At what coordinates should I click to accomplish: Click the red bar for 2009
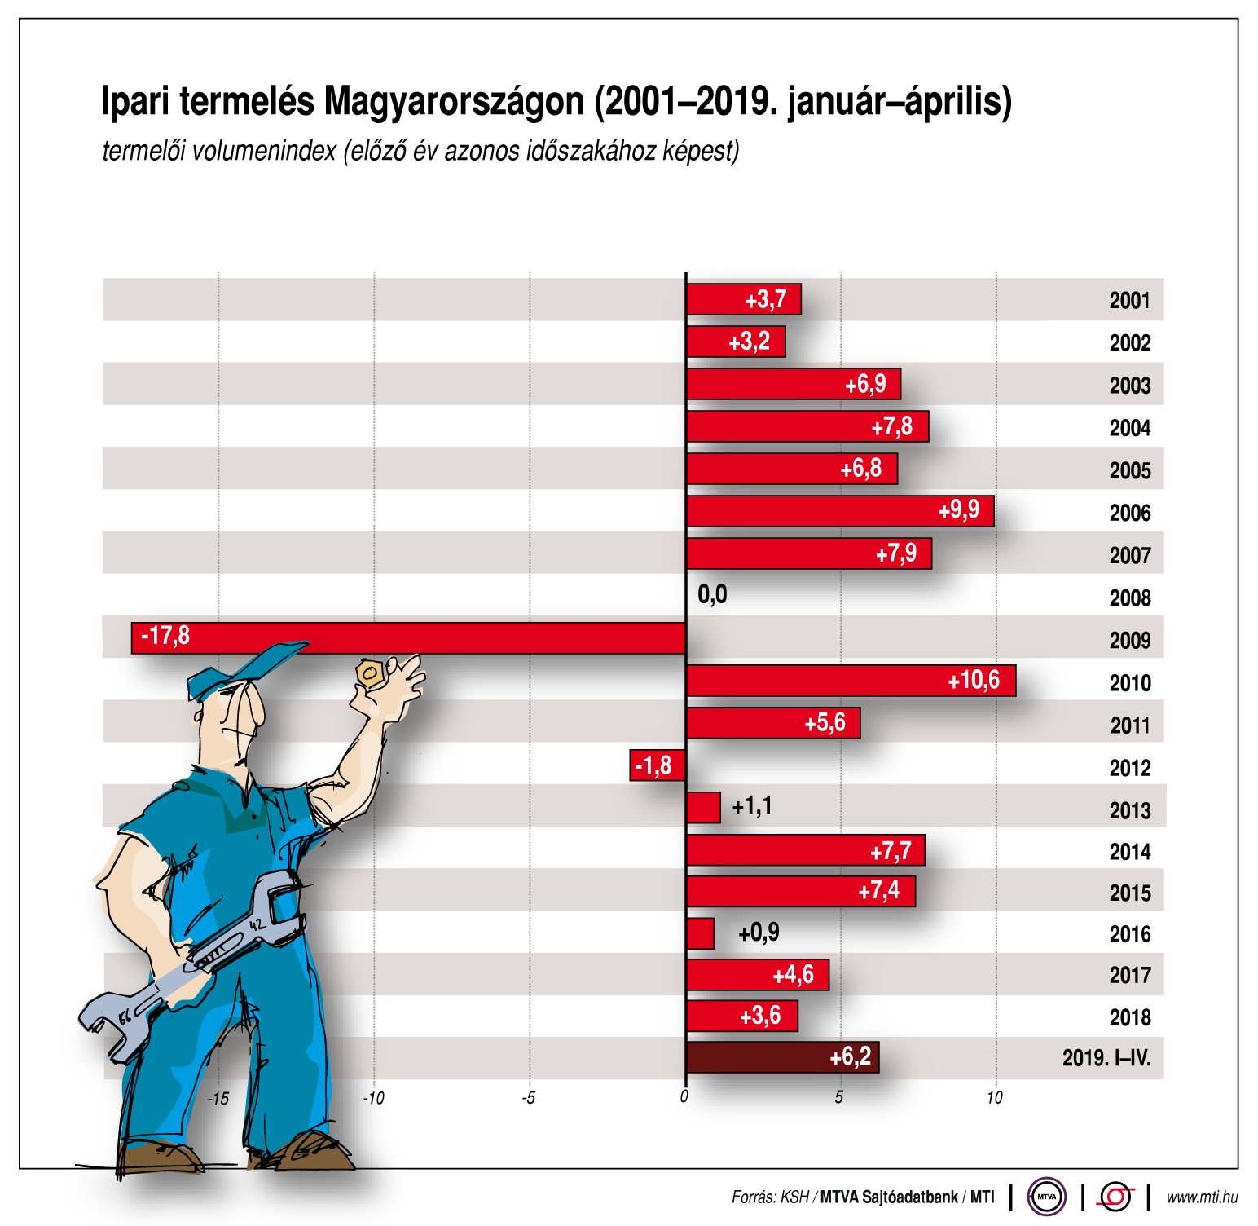(407, 637)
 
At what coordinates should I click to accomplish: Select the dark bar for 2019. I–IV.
(781, 1057)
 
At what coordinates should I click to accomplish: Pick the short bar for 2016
(700, 933)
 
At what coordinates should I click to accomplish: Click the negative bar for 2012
(657, 765)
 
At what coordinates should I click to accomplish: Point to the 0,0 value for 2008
(712, 595)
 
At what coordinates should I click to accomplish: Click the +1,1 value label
(751, 806)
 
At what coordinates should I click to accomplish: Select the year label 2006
(1129, 513)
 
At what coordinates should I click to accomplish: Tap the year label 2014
(1129, 852)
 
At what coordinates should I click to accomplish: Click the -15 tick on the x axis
(218, 1098)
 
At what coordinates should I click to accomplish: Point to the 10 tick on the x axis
(994, 1098)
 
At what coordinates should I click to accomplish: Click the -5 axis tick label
(529, 1098)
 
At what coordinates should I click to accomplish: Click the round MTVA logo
(1046, 1197)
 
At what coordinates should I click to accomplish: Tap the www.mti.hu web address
(1201, 1197)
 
